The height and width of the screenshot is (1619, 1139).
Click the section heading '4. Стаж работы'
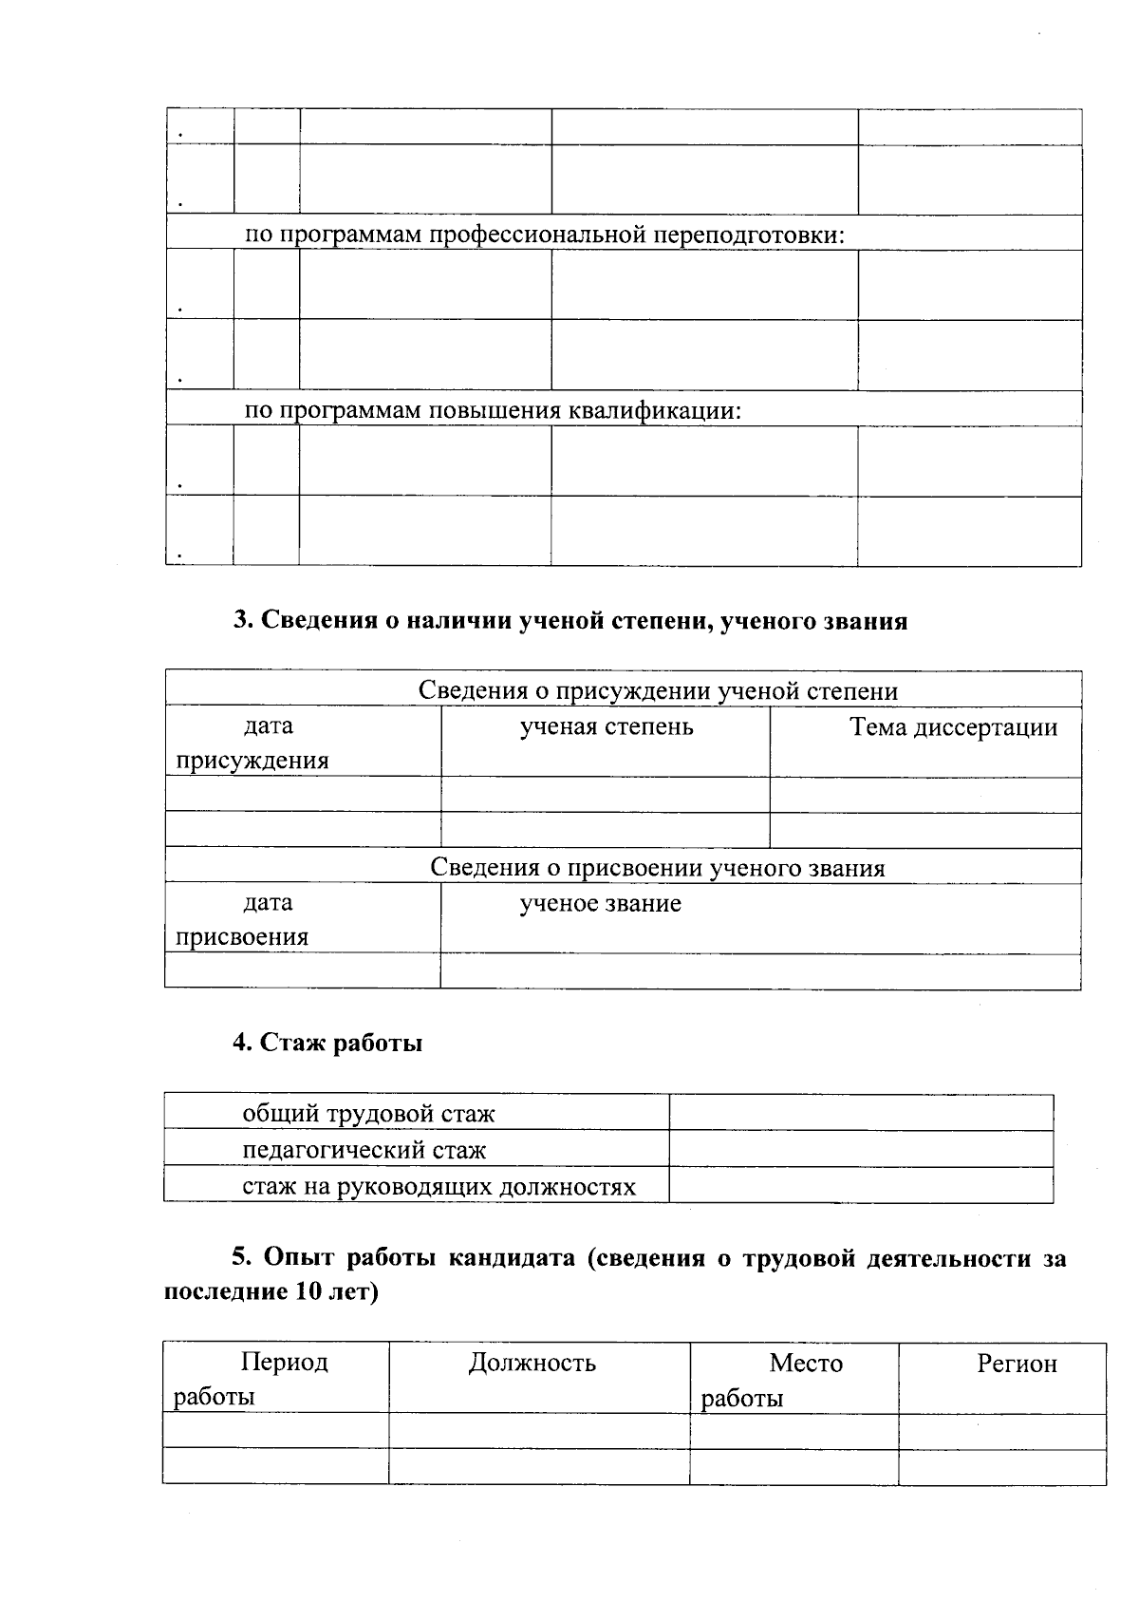click(327, 1043)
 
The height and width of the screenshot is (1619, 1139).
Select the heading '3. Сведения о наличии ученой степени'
click(569, 621)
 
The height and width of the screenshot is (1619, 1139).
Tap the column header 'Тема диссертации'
click(953, 727)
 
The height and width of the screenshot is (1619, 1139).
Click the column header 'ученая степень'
click(606, 727)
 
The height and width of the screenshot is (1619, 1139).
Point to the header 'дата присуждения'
click(253, 744)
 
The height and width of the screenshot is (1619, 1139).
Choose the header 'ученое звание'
click(600, 903)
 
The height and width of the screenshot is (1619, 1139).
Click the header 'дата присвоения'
click(243, 920)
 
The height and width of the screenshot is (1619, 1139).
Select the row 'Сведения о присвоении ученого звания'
click(657, 868)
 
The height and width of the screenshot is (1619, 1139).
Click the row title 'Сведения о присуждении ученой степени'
click(658, 691)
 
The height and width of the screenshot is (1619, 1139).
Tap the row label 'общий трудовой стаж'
click(368, 1114)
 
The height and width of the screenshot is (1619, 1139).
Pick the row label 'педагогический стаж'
click(364, 1150)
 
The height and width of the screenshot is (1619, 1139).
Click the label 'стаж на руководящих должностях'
click(439, 1187)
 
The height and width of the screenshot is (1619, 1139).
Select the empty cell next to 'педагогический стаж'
click(861, 1150)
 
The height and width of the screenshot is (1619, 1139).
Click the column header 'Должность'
click(532, 1364)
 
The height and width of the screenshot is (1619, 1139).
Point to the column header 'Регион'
click(1017, 1365)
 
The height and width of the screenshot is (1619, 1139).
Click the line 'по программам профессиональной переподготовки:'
click(544, 235)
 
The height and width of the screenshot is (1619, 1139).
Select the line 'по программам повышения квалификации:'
click(493, 410)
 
